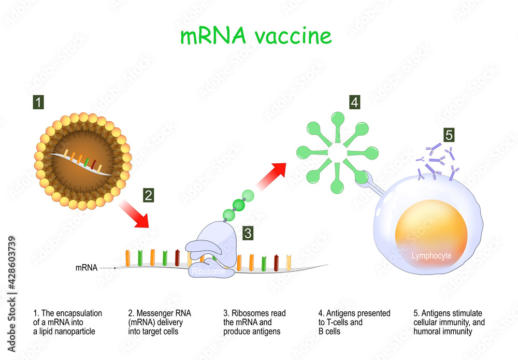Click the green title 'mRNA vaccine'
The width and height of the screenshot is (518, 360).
click(x=255, y=36)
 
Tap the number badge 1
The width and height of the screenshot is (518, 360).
click(x=39, y=103)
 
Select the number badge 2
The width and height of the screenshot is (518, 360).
click(x=149, y=195)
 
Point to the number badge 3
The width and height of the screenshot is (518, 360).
click(x=248, y=233)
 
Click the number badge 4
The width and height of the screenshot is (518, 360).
click(x=354, y=103)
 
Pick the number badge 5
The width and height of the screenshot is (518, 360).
click(x=449, y=135)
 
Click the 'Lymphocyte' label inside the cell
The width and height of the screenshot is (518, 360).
click(x=431, y=256)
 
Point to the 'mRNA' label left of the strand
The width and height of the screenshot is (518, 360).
click(x=86, y=268)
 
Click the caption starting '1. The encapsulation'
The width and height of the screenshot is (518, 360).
click(x=67, y=322)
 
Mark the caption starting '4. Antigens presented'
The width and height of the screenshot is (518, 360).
click(x=354, y=322)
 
